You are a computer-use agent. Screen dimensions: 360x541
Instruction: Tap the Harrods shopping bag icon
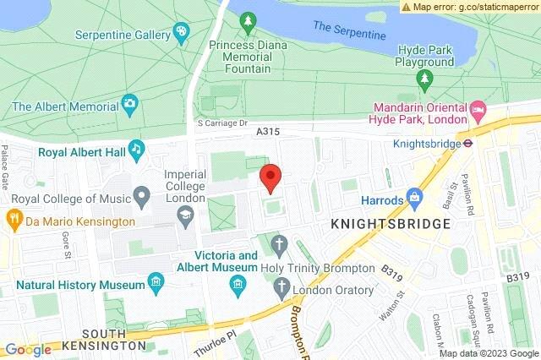(x=414, y=197)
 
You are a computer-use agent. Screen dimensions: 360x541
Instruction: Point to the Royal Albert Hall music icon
(x=136, y=150)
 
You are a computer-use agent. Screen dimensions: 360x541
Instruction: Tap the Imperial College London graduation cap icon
(x=183, y=218)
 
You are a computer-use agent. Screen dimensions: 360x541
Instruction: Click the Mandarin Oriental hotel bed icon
(x=478, y=111)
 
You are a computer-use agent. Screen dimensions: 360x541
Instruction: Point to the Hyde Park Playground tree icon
(x=426, y=80)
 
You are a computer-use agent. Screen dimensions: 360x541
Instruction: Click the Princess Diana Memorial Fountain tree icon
(x=248, y=19)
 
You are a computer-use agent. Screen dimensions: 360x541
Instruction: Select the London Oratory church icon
(x=281, y=290)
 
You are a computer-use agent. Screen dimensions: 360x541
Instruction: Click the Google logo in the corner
(x=28, y=349)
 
